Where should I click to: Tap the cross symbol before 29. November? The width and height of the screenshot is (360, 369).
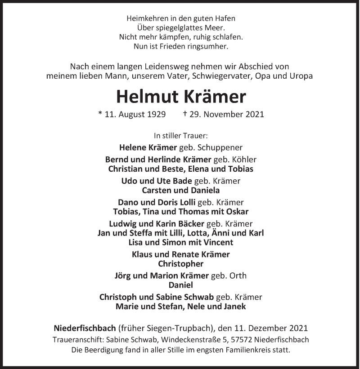[185, 114]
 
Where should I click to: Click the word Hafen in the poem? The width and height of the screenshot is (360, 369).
[225, 19]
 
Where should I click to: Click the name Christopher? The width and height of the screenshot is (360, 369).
[180, 264]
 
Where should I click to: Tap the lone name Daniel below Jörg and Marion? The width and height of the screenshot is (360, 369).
[180, 285]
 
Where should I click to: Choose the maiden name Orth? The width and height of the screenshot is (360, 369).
[238, 276]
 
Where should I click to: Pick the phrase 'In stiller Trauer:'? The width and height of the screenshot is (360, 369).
[180, 135]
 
